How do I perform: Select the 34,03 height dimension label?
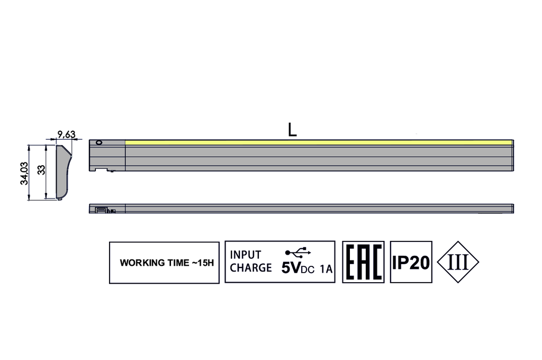click(x=24, y=173)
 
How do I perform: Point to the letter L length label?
click(x=292, y=130)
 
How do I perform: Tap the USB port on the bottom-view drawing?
click(x=101, y=210)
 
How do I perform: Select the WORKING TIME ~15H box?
click(x=164, y=263)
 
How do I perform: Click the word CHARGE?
click(x=250, y=268)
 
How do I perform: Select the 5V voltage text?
click(x=291, y=268)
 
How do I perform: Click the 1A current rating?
click(x=327, y=269)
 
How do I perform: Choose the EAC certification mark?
click(x=363, y=262)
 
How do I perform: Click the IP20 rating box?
click(x=411, y=262)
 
